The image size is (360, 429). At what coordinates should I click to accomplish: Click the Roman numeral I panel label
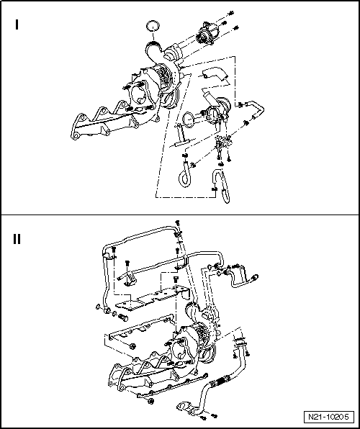click(x=17, y=24)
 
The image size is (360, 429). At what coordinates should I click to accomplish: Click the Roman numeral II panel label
click(x=17, y=239)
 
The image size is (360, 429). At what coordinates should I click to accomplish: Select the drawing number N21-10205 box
click(x=329, y=417)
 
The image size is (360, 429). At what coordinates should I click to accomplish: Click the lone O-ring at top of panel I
click(x=153, y=26)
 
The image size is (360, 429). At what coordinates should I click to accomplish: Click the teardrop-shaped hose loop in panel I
click(x=184, y=175)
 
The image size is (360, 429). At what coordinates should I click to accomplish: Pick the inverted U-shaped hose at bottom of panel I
click(x=220, y=186)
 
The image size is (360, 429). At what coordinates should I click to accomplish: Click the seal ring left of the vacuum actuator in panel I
click(x=188, y=119)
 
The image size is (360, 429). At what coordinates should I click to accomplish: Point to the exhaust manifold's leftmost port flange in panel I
click(x=78, y=128)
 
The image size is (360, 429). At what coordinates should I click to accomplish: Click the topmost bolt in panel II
click(x=177, y=222)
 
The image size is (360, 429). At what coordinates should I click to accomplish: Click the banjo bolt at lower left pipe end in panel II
click(x=123, y=317)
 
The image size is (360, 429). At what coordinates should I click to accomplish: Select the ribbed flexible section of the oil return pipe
click(x=220, y=380)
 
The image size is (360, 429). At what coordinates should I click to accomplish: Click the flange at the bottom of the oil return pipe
click(x=186, y=407)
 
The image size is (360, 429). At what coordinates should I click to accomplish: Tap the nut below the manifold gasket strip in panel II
click(x=150, y=402)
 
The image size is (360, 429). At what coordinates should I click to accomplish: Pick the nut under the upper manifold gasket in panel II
click(x=133, y=346)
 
